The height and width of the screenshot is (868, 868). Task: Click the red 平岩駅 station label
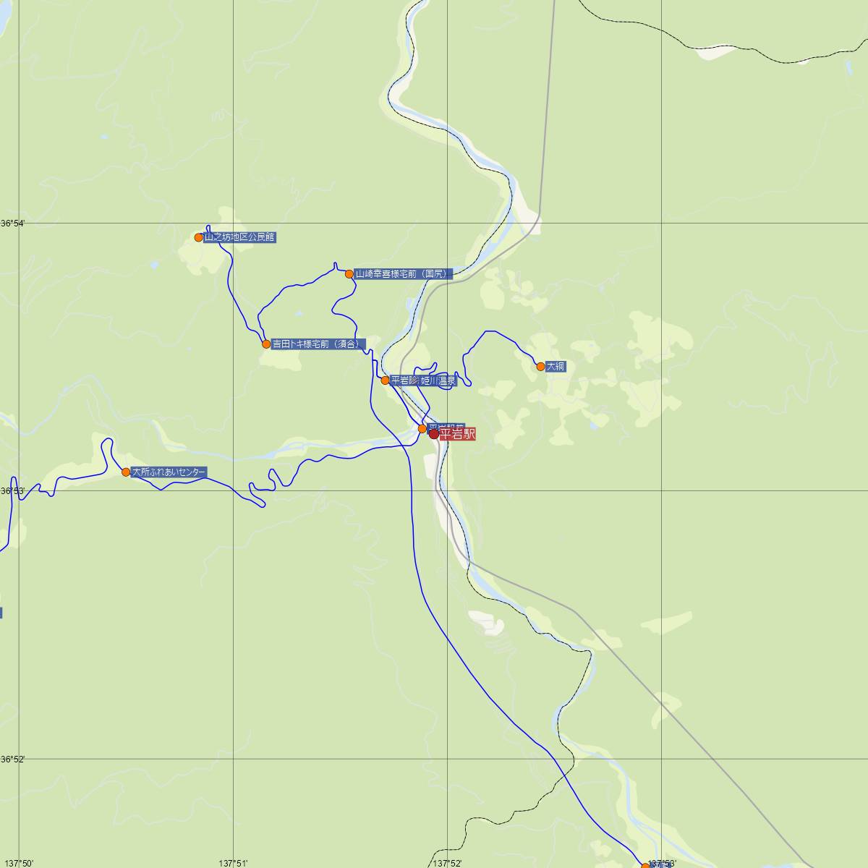[457, 434]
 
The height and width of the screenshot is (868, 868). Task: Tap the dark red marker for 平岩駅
[434, 434]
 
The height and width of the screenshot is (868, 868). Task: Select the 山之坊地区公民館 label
[239, 237]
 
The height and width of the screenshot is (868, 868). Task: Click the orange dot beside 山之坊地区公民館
[199, 237]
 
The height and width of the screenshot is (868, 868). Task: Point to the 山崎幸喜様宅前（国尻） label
[403, 274]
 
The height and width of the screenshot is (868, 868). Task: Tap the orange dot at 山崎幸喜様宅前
[349, 274]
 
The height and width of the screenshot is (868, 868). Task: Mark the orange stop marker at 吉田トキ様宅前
[266, 344]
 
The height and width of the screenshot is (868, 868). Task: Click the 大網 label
[556, 367]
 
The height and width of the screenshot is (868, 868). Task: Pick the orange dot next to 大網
[540, 367]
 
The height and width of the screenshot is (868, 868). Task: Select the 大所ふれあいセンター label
[169, 472]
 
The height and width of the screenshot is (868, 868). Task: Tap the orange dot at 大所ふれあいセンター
[126, 472]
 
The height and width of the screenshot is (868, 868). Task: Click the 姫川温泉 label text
[439, 380]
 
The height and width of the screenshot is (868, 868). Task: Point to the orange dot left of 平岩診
[386, 380]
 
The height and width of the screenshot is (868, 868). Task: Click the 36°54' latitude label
[12, 224]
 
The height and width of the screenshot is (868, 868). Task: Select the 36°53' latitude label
[12, 491]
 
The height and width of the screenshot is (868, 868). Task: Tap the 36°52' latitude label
[12, 759]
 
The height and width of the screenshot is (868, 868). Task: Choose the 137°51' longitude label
[233, 863]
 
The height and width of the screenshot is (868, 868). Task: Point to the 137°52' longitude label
[447, 863]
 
